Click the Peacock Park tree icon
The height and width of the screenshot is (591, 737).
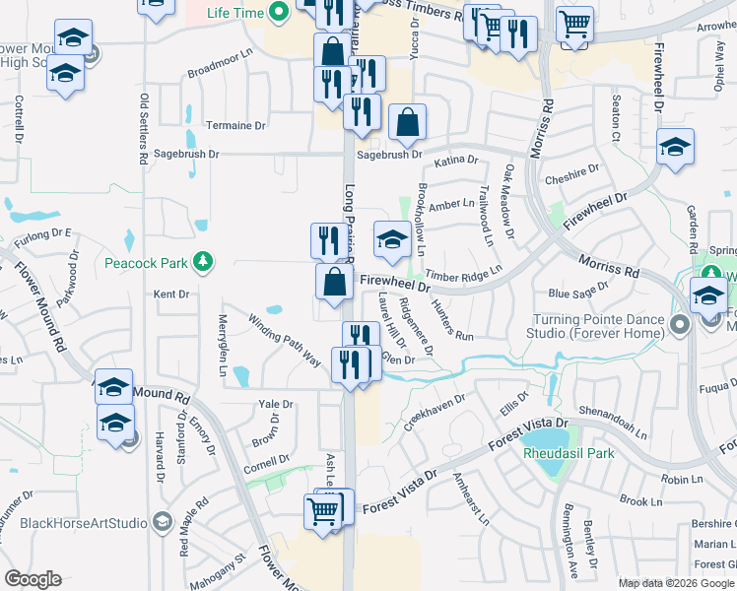[x=203, y=262]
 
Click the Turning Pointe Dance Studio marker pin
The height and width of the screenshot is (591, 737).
[x=677, y=322]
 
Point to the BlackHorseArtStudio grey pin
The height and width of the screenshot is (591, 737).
[x=162, y=521]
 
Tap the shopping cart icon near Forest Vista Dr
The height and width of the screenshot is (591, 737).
[x=323, y=511]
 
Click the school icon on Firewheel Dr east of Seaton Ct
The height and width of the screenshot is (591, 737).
[x=675, y=148]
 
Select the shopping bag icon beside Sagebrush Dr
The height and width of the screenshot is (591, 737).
[x=407, y=123]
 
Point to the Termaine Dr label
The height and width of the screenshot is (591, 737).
[x=236, y=126]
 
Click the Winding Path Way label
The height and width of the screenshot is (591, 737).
[x=285, y=340]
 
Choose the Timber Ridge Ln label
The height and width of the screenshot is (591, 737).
[x=476, y=270]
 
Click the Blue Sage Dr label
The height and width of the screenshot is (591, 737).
[x=579, y=293]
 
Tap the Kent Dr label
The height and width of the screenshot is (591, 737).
[x=170, y=294]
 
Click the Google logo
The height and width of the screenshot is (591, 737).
[x=33, y=579]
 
